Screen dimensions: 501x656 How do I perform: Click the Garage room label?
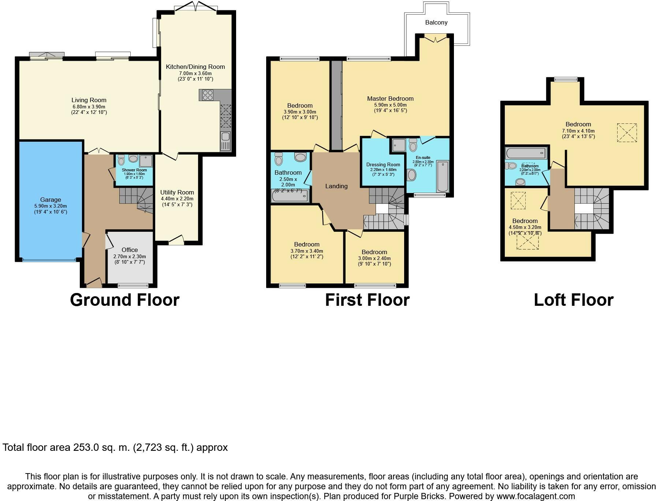point(51,200)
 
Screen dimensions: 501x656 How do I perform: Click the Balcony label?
point(436,23)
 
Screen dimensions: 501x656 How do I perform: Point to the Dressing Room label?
point(383,164)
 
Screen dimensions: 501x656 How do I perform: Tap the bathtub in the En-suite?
point(442,176)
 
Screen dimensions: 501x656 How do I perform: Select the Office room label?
point(130,250)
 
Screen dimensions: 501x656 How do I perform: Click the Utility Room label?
point(177,192)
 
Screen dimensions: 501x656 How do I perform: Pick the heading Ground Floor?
point(124,300)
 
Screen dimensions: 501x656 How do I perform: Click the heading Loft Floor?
point(573,300)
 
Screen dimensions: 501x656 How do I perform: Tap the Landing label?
point(336,186)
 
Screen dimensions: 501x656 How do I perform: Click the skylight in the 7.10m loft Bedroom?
point(627,133)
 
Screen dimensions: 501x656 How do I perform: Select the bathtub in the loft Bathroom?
point(526,153)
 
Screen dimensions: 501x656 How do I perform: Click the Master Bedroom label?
point(390,99)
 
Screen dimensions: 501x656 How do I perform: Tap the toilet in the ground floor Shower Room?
point(121,160)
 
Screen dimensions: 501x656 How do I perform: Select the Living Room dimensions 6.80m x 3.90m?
point(89,107)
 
